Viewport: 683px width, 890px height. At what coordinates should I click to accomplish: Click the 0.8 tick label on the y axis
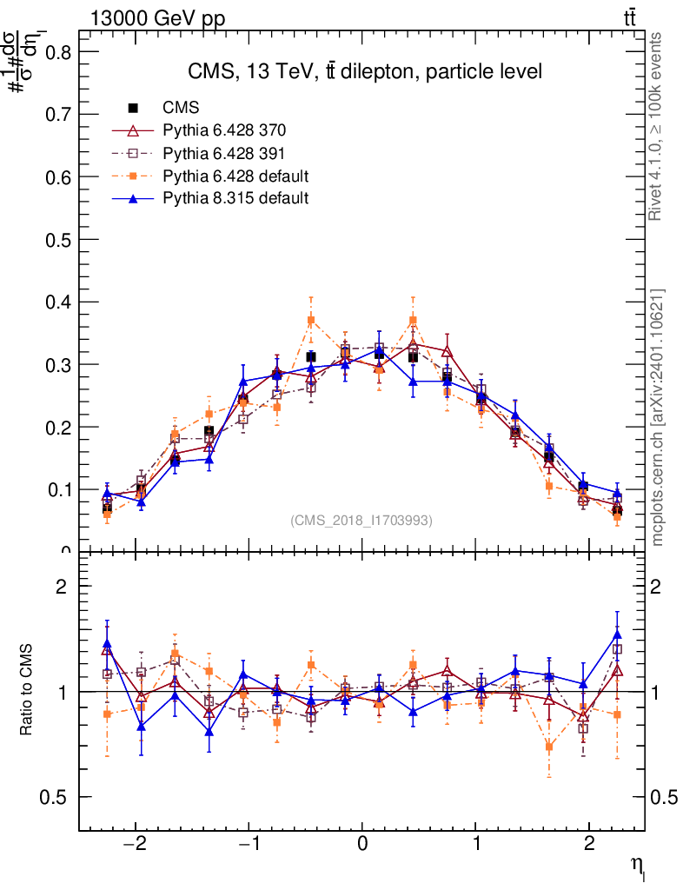tap(57, 51)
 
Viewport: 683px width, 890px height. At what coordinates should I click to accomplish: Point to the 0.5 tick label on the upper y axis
tap(57, 239)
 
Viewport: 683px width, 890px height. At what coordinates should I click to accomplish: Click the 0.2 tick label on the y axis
tap(57, 427)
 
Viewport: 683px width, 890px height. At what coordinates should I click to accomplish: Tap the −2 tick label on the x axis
tap(135, 845)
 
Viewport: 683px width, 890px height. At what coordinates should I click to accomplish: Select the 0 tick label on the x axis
tap(362, 845)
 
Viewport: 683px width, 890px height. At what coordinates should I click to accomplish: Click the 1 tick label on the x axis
tap(476, 845)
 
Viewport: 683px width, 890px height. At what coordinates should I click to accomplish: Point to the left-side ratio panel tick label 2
tap(62, 587)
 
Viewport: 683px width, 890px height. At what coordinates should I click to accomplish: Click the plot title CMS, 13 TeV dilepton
tap(365, 72)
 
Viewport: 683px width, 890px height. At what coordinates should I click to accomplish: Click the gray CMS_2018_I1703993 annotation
tap(361, 520)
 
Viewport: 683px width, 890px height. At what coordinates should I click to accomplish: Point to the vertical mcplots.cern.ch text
tap(658, 417)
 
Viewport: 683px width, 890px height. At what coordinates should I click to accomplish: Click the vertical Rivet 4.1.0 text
tap(658, 126)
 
